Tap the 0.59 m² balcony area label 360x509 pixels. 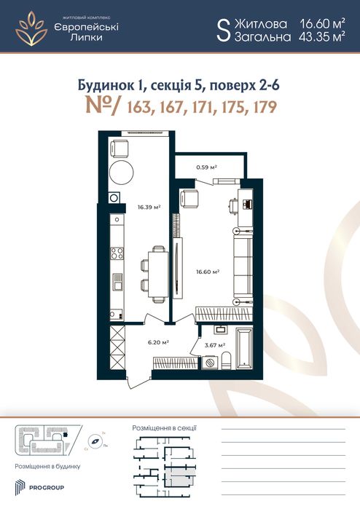pos(208,167)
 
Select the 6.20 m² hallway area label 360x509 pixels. pos(160,342)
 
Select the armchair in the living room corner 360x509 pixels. pos(190,197)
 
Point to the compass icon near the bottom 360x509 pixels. pos(95,441)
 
